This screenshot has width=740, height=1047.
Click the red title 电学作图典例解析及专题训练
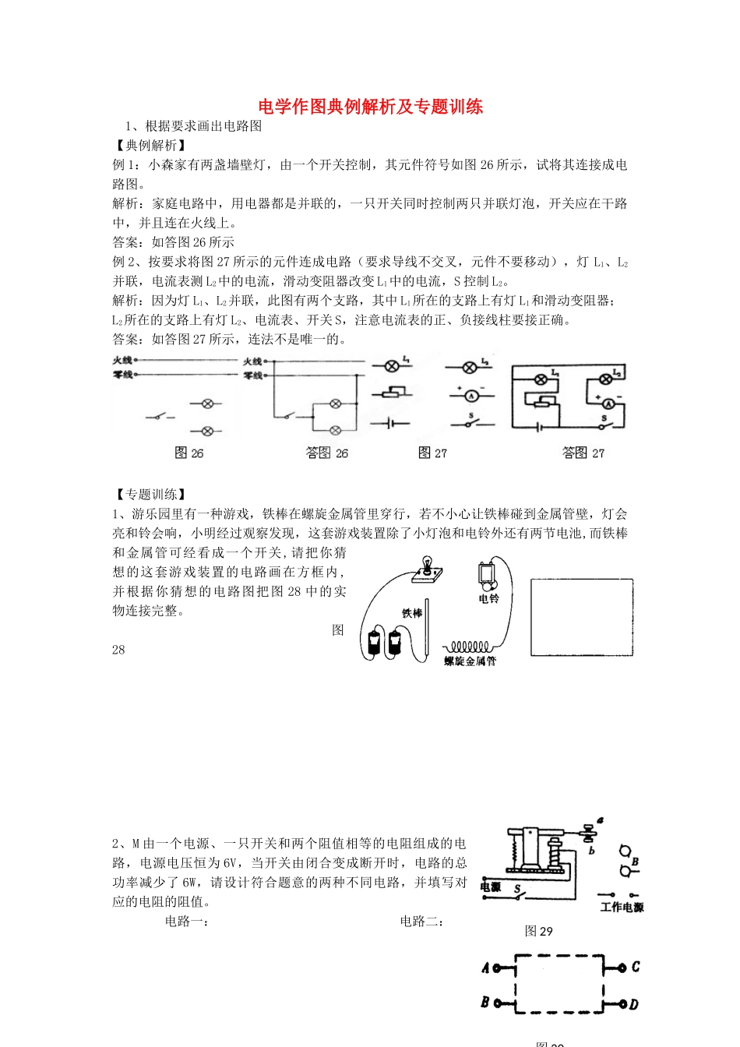[370, 107]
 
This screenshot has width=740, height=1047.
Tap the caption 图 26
[189, 453]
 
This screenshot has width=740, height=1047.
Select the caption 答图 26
[327, 453]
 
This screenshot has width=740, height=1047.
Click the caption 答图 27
[583, 453]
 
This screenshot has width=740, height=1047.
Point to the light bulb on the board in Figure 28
[427, 564]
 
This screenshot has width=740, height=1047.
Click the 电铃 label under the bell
[488, 599]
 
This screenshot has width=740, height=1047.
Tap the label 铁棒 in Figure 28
[412, 614]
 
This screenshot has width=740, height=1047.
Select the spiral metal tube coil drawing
[467, 647]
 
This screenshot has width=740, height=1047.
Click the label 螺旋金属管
[470, 661]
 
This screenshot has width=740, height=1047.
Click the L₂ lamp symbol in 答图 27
[605, 379]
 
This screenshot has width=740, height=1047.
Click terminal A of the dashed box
[486, 968]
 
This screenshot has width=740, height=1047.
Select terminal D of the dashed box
[633, 1005]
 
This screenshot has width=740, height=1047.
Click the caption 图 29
[538, 931]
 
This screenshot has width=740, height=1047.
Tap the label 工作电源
[622, 908]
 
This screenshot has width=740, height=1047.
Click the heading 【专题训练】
[150, 495]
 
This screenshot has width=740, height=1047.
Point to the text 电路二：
[422, 922]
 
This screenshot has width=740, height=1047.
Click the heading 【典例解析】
[150, 145]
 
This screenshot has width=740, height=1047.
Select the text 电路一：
[187, 922]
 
